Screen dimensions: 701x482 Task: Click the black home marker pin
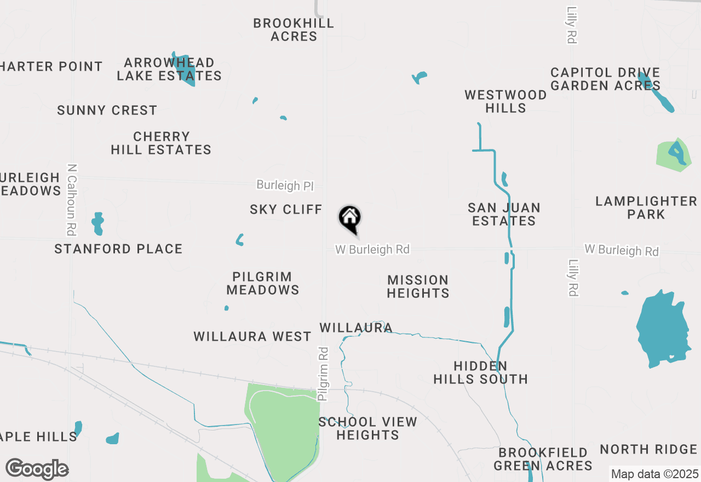coord(350,219)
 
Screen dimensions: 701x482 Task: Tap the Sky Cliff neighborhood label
coord(286,209)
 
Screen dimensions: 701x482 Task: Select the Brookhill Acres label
coord(294,30)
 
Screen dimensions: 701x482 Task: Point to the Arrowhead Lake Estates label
coord(169,69)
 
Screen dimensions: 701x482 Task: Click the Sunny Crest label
coord(107,110)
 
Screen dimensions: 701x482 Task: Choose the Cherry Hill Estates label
coord(161,143)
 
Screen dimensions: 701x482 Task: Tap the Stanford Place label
coord(118,249)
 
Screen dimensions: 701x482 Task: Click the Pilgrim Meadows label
coord(263,283)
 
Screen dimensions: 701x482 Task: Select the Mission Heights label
coord(418,286)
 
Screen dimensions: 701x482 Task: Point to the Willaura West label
coord(252,336)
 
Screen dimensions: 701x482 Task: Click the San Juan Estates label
coord(504,214)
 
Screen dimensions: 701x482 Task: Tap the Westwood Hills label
coord(505,101)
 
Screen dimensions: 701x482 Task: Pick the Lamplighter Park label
coord(646,208)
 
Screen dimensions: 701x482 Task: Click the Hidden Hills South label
coord(480,372)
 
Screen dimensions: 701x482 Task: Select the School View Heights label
coord(367,428)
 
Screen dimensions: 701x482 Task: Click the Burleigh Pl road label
coord(285,186)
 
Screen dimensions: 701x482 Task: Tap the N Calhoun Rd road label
coord(71,199)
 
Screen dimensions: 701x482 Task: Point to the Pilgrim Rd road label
coord(324,374)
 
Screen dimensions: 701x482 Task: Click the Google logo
coord(37,469)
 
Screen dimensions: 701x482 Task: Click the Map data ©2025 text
coord(654,474)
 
